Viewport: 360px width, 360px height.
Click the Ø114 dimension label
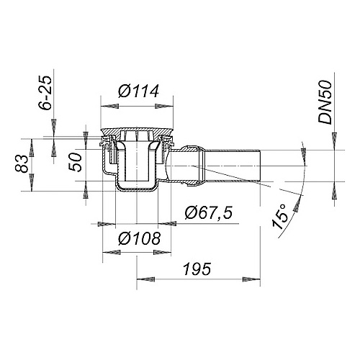pyautogui.click(x=138, y=93)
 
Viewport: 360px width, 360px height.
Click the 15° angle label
pyautogui.click(x=282, y=217)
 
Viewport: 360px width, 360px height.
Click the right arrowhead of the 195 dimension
pyautogui.click(x=256, y=277)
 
